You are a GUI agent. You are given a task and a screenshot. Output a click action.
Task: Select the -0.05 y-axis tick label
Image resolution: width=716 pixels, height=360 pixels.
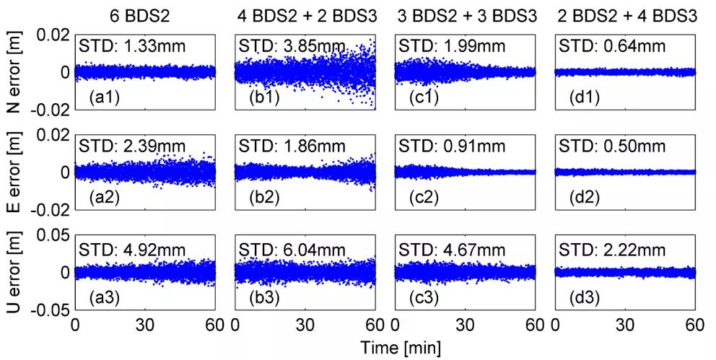52,310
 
